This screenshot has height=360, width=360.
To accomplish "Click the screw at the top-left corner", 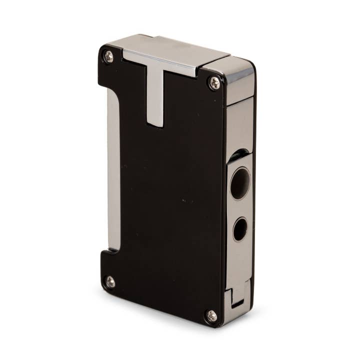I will [x=108, y=56].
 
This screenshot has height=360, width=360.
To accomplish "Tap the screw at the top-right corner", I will [x=214, y=83].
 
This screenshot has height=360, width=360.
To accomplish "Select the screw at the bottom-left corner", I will [x=109, y=282].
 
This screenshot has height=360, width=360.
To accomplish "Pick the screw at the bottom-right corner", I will [x=211, y=316].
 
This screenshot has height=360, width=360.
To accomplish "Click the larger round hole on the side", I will [x=240, y=183].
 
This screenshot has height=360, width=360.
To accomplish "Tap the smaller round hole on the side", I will [x=239, y=229].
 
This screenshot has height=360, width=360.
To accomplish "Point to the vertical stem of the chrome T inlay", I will [x=156, y=97].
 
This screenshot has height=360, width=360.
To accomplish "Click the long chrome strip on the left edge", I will [x=113, y=170].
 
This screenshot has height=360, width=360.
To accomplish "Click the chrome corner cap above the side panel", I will [x=235, y=80].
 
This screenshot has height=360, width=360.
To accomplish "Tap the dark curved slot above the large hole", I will [x=239, y=155].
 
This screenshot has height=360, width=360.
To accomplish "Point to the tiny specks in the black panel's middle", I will [x=187, y=201].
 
